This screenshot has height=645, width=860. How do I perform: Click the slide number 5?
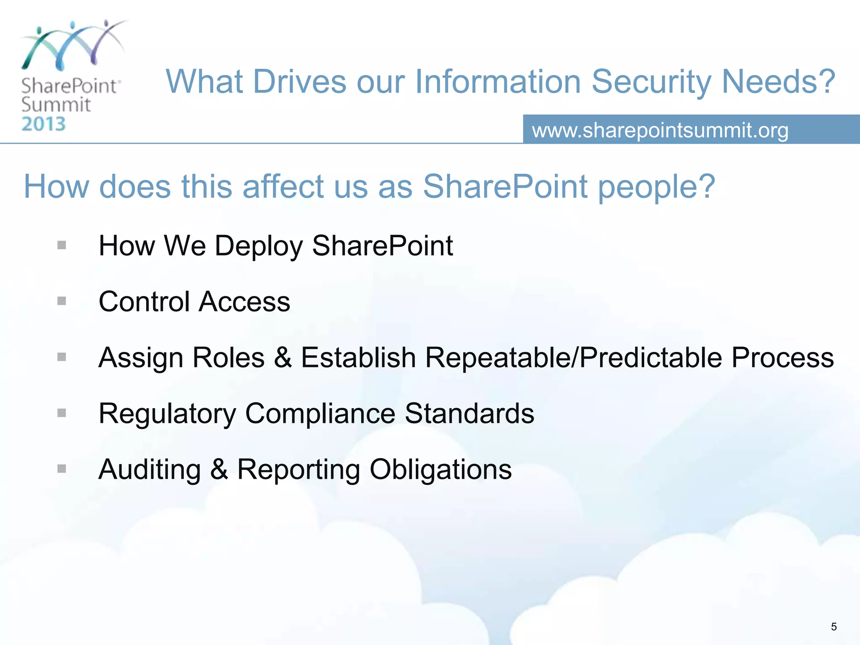pos(834,627)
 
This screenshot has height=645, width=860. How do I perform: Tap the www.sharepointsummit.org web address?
pos(660,130)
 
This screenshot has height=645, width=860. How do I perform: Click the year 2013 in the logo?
pos(44,124)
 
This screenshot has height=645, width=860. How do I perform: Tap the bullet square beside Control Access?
pos(62,301)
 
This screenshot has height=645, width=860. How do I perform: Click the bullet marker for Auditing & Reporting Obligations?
pos(62,469)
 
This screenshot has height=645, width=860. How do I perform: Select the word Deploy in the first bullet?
pos(259,246)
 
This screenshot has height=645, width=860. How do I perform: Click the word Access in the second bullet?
pos(244,302)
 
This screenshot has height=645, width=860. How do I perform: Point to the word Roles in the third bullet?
pos(228,357)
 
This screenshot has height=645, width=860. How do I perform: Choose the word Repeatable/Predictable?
pos(574,358)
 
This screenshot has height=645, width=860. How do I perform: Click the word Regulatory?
pos(167,414)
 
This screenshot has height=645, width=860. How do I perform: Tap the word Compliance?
pos(320,414)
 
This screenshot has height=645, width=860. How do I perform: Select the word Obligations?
pos(440,469)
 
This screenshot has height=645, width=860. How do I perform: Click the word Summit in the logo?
pos(56,105)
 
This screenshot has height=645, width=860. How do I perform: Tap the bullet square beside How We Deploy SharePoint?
pos(62,245)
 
